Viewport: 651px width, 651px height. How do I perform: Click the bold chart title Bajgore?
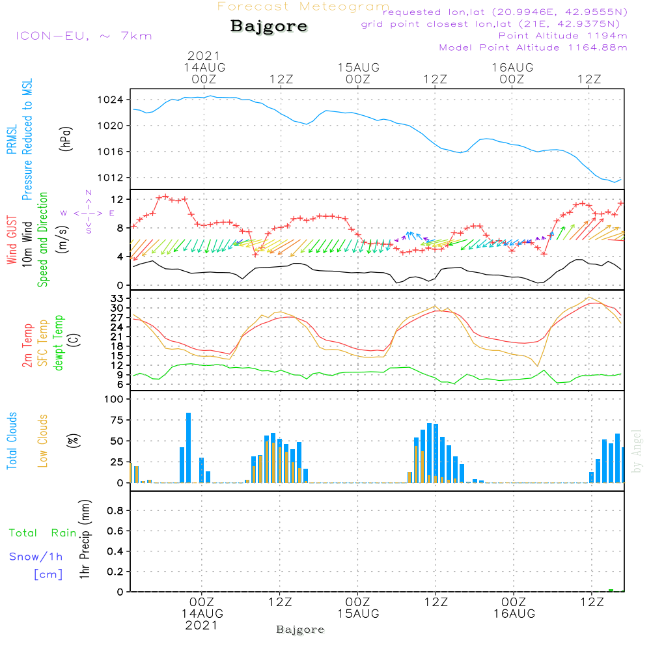pos(269,27)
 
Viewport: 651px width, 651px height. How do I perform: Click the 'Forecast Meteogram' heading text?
pos(303,7)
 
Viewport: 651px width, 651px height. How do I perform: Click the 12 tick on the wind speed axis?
pos(118,199)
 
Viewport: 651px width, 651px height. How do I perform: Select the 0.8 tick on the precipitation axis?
pos(115,511)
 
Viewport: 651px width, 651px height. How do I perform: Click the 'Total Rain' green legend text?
pos(42,533)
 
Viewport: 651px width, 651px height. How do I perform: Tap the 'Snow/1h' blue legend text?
pos(36,557)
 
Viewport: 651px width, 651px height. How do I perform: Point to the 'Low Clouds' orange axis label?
pos(43,441)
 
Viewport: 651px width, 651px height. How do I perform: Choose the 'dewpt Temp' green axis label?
pos(59,343)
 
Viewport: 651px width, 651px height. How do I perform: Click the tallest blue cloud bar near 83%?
pos(189,448)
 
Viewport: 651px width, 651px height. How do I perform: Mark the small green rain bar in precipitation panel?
pos(611,590)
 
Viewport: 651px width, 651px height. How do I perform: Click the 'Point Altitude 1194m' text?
pos(562,35)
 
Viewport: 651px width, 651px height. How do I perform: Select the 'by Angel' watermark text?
pos(637,451)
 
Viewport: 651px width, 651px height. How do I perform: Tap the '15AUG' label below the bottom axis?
pos(357,614)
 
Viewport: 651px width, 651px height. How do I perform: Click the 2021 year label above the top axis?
pos(204,56)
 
